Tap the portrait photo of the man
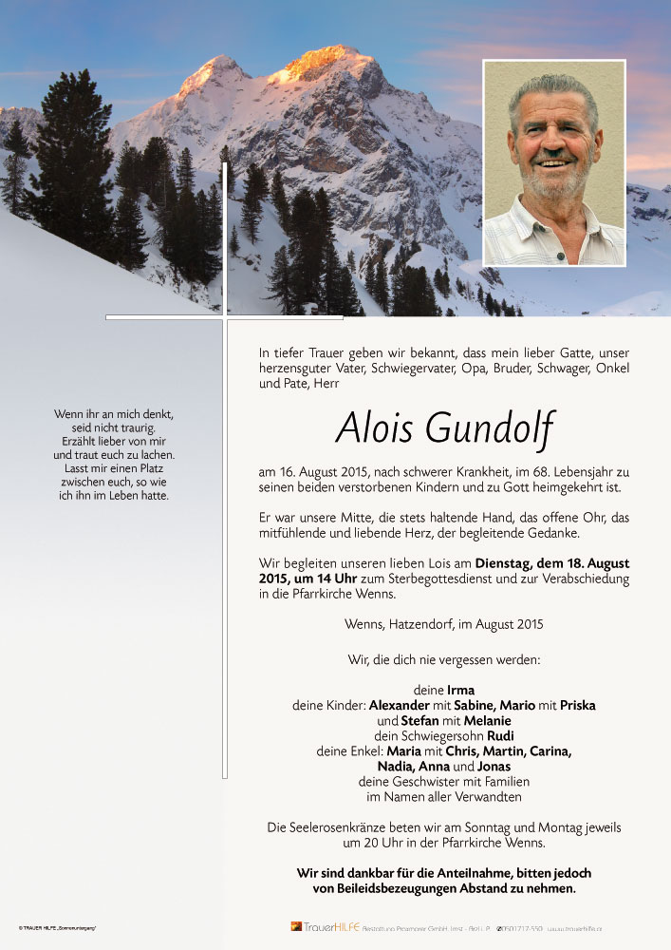coord(554,163)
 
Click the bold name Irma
coord(460,690)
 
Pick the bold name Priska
coord(577,706)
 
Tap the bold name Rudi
coord(501,736)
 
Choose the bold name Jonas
coord(494,767)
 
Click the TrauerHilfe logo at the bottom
coord(325,926)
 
